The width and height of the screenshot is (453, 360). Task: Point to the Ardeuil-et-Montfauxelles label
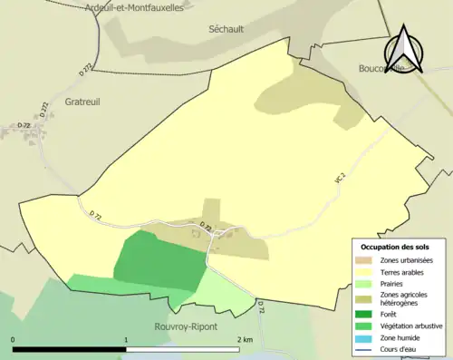[133, 7]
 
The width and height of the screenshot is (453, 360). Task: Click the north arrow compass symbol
[406, 50]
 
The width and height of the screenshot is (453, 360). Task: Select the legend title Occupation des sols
[397, 247]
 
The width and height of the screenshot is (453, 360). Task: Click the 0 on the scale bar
[13, 339]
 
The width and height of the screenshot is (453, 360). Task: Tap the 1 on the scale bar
[126, 339]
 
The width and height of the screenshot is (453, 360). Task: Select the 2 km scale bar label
[244, 339]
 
